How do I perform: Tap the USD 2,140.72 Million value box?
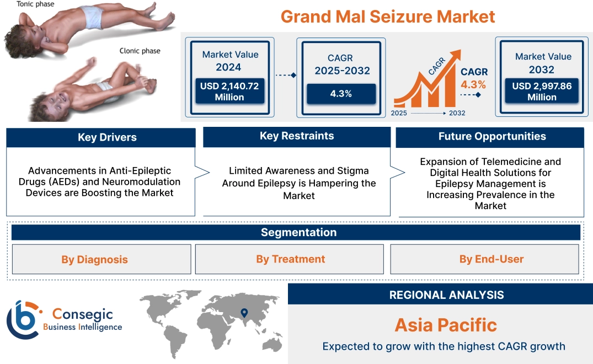[x=229, y=92]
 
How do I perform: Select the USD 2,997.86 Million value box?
[x=542, y=92]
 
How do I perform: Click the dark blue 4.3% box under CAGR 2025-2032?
[x=341, y=94]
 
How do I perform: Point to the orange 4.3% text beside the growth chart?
[x=473, y=84]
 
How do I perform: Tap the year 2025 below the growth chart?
[x=399, y=113]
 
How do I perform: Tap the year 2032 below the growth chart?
[x=457, y=113]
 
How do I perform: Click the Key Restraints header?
[x=297, y=136]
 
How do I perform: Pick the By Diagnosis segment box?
[x=94, y=259]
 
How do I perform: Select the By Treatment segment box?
[x=290, y=259]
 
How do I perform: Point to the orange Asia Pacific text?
[x=446, y=325]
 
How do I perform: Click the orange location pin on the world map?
[x=243, y=314]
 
